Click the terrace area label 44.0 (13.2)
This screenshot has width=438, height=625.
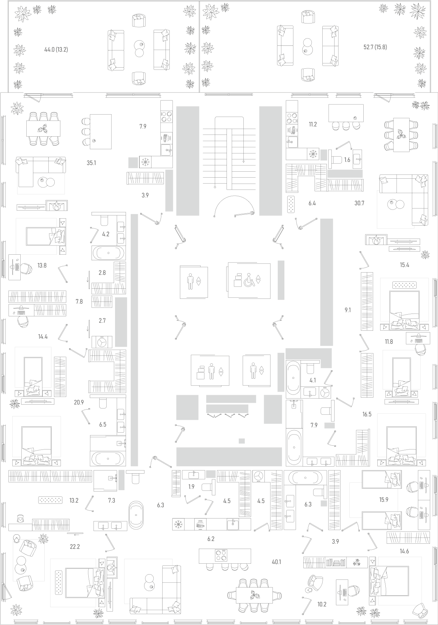click(x=56, y=50)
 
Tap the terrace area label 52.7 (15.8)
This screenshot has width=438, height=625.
click(x=375, y=47)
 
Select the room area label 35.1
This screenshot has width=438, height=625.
click(x=91, y=163)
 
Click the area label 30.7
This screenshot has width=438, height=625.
click(x=359, y=203)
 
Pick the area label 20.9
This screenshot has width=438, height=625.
click(x=79, y=403)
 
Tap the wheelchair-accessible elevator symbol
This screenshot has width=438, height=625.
click(x=249, y=280)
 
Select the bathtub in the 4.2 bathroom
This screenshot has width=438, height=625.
click(x=108, y=253)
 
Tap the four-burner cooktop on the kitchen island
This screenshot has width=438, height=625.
click(x=221, y=556)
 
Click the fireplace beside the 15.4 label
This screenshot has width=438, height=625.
click(x=376, y=240)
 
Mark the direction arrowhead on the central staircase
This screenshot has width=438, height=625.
click(x=243, y=162)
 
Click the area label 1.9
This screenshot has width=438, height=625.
click(x=191, y=487)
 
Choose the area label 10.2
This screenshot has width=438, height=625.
click(x=322, y=604)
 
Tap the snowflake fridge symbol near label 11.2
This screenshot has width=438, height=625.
click(x=312, y=154)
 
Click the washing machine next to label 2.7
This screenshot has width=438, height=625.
click(x=102, y=342)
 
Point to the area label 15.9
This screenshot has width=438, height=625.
click(x=384, y=500)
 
